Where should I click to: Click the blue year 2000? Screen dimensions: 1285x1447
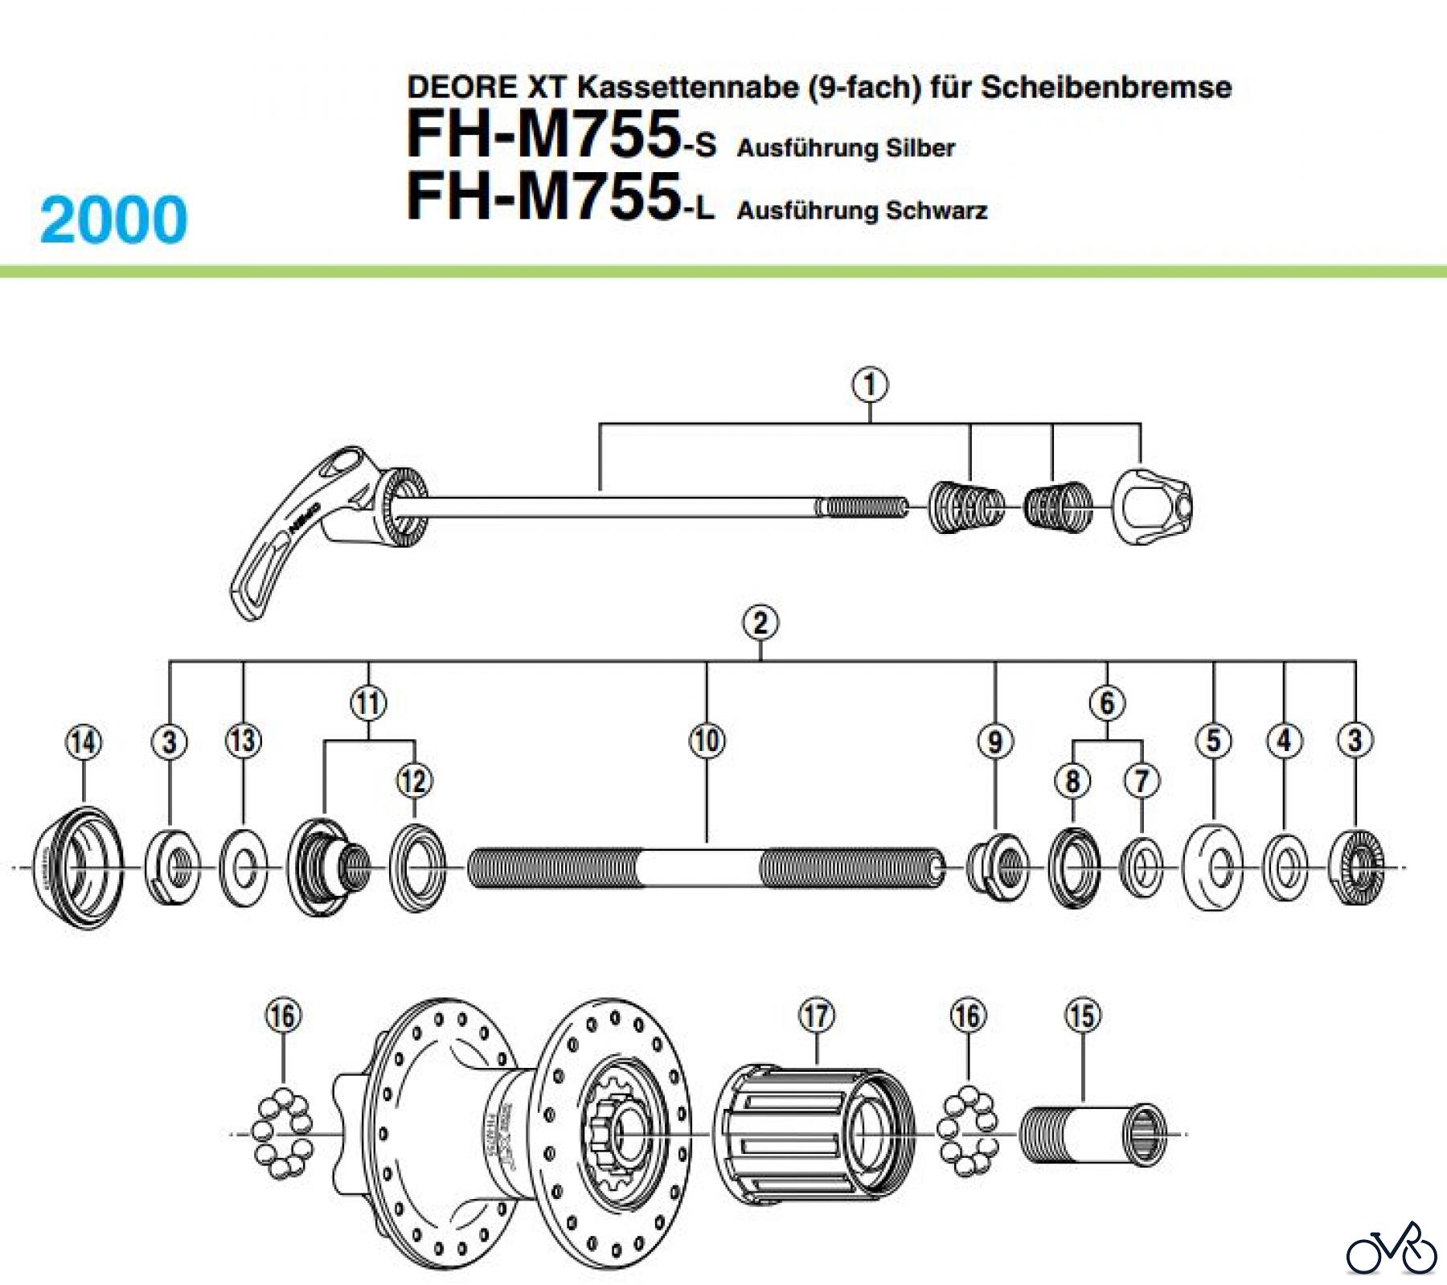pyautogui.click(x=113, y=220)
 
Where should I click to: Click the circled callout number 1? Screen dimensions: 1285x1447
pyautogui.click(x=870, y=385)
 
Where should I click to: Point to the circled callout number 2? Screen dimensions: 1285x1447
pyautogui.click(x=760, y=623)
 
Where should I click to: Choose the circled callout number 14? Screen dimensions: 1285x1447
pyautogui.click(x=84, y=741)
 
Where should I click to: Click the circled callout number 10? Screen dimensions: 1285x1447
pyautogui.click(x=707, y=741)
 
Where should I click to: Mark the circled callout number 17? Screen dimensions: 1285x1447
pyautogui.click(x=816, y=1016)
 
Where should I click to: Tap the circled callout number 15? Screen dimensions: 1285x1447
pyautogui.click(x=1082, y=1016)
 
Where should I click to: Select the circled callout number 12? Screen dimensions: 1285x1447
pyautogui.click(x=414, y=781)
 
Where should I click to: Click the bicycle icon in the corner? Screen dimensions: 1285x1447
pyautogui.click(x=1392, y=1249)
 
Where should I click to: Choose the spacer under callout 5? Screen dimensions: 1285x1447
pyautogui.click(x=1213, y=868)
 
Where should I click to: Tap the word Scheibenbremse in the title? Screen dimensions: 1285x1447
pyautogui.click(x=1105, y=87)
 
